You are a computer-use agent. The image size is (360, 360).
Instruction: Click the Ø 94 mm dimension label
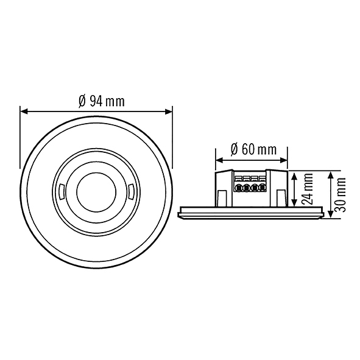pyautogui.click(x=102, y=101)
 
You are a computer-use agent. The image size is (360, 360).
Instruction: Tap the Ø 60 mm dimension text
pyautogui.click(x=253, y=150)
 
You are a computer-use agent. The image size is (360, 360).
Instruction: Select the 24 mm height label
pyautogui.click(x=308, y=189)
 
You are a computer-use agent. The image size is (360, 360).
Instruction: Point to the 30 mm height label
pyautogui.click(x=340, y=195)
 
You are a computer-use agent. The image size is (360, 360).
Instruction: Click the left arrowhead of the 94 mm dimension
pyautogui.click(x=24, y=111)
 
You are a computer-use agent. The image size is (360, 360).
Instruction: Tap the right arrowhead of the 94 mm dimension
pyautogui.click(x=169, y=111)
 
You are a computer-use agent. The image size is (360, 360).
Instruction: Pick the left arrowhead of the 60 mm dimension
pyautogui.click(x=219, y=160)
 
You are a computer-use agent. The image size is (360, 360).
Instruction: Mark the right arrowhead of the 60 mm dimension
pyautogui.click(x=284, y=160)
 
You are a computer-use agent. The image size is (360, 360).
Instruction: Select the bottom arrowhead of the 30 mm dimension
pyautogui.click(x=330, y=214)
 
